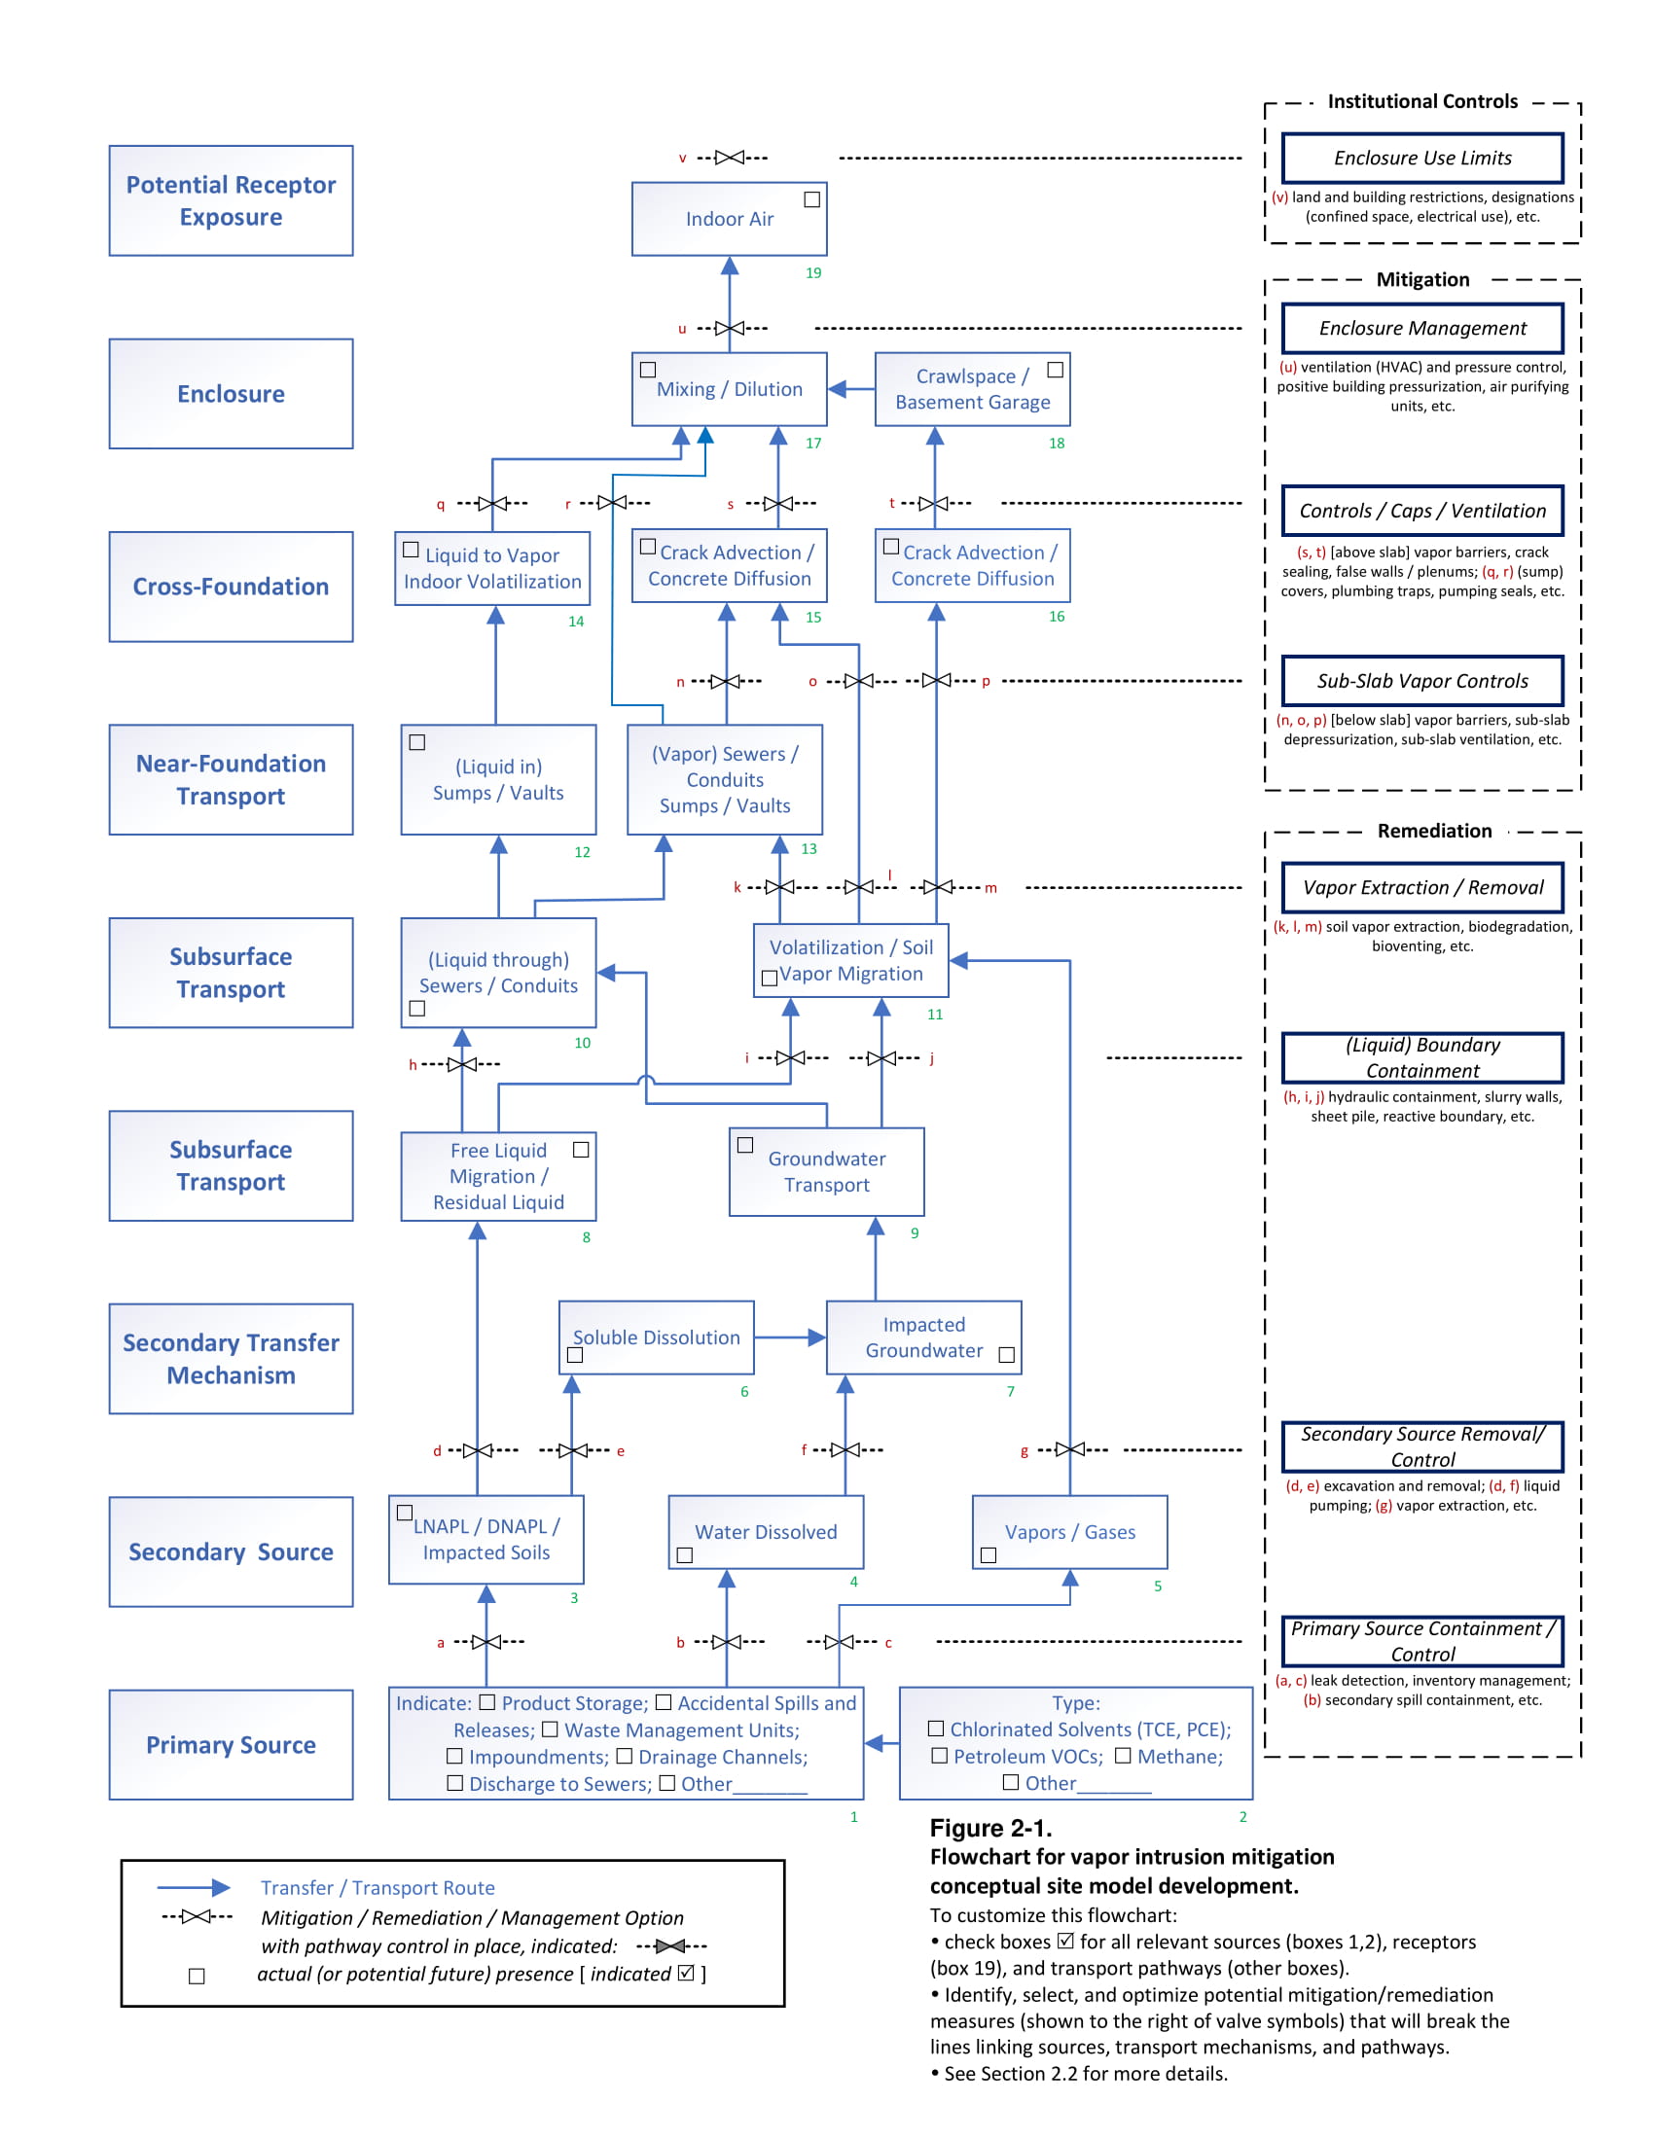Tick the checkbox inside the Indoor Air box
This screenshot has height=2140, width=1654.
(x=811, y=199)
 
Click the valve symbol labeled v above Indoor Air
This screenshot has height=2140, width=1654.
(x=730, y=158)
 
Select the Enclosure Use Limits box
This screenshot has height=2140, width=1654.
(x=1421, y=158)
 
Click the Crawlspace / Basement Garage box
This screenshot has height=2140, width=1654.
(x=972, y=390)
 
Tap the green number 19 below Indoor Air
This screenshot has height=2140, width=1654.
(x=813, y=273)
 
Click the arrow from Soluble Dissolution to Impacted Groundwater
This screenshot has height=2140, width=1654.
(x=790, y=1337)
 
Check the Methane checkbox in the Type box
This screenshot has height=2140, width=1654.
(x=1123, y=1756)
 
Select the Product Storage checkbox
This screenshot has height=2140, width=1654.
(x=487, y=1703)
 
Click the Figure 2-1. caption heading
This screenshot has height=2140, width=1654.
(x=989, y=1829)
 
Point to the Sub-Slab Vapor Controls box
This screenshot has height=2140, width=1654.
(x=1421, y=681)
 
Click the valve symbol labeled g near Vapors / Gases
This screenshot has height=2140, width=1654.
(x=1070, y=1450)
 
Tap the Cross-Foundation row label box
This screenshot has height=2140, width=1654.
(x=232, y=587)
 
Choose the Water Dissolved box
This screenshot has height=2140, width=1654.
(x=766, y=1532)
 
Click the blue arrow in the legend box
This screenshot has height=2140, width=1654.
(x=194, y=1888)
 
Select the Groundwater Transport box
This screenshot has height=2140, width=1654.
(x=826, y=1172)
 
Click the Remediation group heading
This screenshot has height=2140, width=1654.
(x=1433, y=831)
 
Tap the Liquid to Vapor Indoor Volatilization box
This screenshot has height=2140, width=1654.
(x=492, y=569)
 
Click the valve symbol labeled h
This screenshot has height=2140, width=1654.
(x=462, y=1064)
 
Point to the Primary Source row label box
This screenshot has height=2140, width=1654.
(x=232, y=1745)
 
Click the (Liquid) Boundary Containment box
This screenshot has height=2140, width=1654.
(x=1421, y=1058)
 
